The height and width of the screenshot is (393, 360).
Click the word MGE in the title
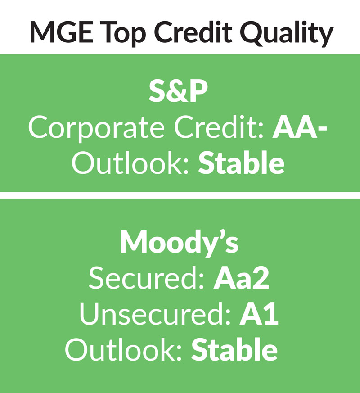pyautogui.click(x=62, y=32)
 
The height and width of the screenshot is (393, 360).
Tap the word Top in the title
pyautogui.click(x=124, y=34)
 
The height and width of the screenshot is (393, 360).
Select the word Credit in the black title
pyautogui.click(x=193, y=32)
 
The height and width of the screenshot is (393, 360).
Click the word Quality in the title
pyautogui.click(x=287, y=34)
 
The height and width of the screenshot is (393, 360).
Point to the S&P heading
pyautogui.click(x=178, y=91)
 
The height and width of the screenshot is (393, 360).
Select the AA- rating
pyautogui.click(x=300, y=127)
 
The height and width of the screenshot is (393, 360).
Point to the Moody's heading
pyautogui.click(x=179, y=244)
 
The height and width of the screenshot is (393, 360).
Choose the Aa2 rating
pyautogui.click(x=241, y=279)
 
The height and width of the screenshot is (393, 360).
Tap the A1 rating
pyautogui.click(x=259, y=315)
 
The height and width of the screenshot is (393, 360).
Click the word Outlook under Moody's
pyautogui.click(x=123, y=349)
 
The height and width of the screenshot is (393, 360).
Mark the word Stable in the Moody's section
pyautogui.click(x=234, y=349)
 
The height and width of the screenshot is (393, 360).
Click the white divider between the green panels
pyautogui.click(x=180, y=195)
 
